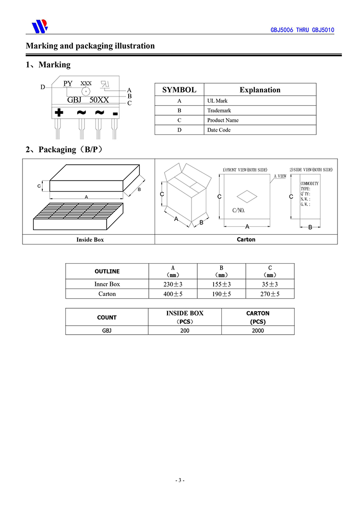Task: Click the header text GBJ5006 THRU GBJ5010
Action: coord(302,30)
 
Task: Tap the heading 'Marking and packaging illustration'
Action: coord(90,46)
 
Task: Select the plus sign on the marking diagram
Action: coord(59,112)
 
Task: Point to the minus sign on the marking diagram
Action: coord(115,114)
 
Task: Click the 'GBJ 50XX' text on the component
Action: coord(88,100)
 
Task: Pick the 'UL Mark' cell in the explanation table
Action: coord(217,101)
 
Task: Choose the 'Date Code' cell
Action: coord(219,130)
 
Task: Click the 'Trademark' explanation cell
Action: coord(219,110)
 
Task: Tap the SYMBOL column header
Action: coord(179,90)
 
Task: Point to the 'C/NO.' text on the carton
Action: coord(239,210)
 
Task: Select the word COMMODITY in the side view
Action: coord(309,183)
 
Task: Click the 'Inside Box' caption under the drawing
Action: coord(90,239)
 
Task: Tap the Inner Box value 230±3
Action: coord(173,284)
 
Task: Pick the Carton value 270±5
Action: coord(270,293)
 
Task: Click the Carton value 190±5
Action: coord(221,293)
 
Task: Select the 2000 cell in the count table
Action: coord(258,330)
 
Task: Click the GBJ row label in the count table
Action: coord(107,330)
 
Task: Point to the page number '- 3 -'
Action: coord(180,480)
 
